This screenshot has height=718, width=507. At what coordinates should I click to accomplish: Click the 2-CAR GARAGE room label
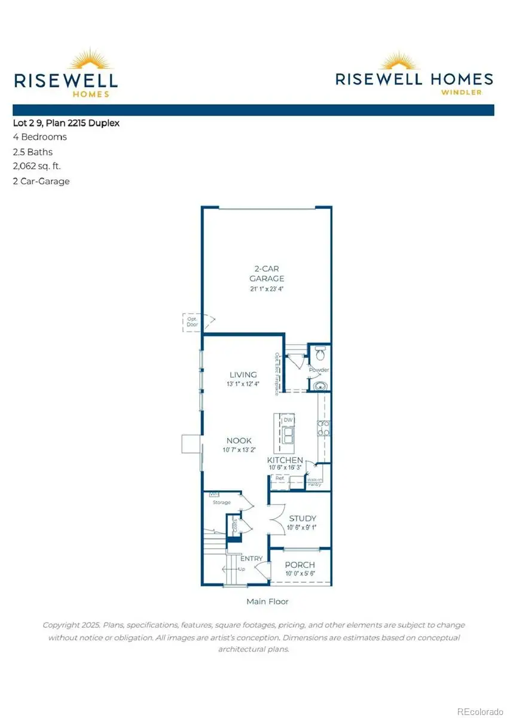(x=267, y=273)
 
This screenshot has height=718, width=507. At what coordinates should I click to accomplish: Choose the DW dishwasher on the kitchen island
(x=288, y=420)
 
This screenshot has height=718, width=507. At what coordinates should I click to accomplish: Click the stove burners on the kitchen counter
(x=323, y=427)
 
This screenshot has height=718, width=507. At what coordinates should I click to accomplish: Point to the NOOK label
(x=239, y=440)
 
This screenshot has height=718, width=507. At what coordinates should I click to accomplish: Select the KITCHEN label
(x=285, y=460)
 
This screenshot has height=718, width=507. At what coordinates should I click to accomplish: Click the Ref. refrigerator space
(x=279, y=479)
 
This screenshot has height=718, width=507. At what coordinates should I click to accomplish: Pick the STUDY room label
(x=303, y=518)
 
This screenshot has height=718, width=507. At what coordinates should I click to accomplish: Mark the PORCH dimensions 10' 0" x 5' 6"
(x=300, y=573)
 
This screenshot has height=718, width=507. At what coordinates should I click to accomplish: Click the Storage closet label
(x=222, y=502)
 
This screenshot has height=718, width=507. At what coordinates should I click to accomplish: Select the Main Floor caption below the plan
(x=267, y=601)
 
